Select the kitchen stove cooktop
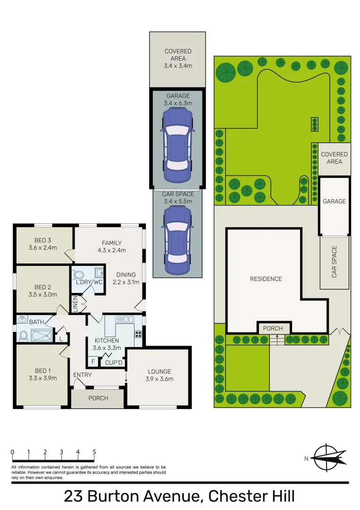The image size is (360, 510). [138, 333]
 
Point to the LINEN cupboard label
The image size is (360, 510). [75, 304]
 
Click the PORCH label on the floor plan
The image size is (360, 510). [98, 398]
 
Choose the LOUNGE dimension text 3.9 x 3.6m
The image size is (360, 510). [159, 379]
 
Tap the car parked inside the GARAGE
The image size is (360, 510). [177, 145]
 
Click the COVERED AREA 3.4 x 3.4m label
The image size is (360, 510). [178, 59]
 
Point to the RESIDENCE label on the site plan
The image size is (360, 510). [266, 279]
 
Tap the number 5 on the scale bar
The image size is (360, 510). [94, 452]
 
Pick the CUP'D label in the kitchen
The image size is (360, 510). [113, 363]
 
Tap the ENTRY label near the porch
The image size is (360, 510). [82, 375]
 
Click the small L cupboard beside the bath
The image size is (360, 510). [61, 338]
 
